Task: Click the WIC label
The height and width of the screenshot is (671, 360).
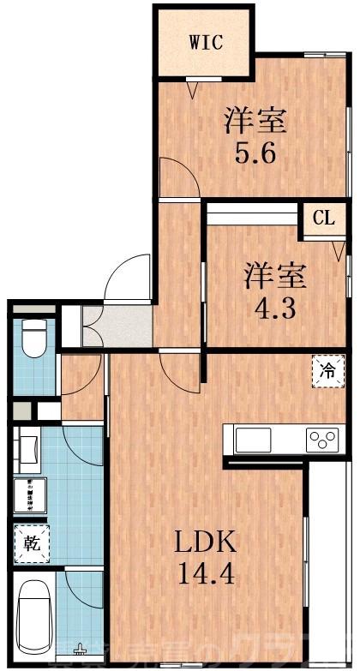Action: [206, 43]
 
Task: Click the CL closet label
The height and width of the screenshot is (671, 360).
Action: [323, 219]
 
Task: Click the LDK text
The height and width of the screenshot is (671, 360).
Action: [206, 542]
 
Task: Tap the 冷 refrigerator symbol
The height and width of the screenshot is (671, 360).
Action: [327, 371]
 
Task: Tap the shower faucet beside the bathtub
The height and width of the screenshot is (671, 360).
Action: [81, 649]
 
